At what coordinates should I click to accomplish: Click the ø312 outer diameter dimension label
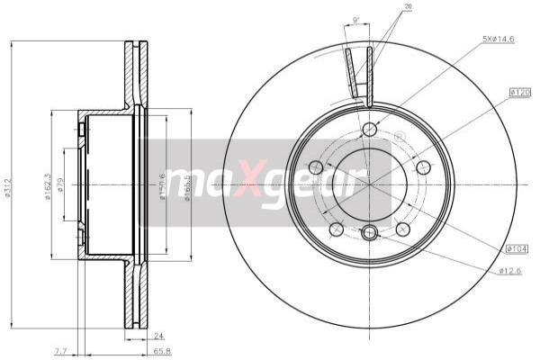[8, 187]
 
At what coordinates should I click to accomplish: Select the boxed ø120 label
[520, 92]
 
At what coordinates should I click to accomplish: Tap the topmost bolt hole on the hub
[369, 130]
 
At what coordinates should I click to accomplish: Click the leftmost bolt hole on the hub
[315, 167]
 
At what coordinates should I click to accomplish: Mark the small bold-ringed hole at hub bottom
[369, 234]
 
